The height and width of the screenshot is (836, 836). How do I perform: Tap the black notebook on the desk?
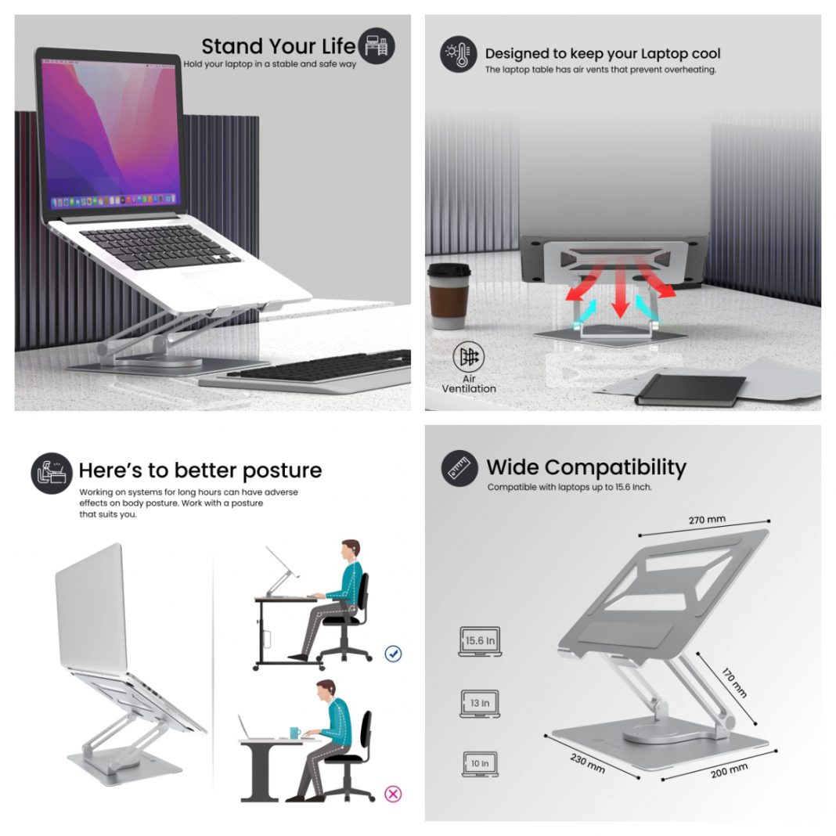[x=690, y=389]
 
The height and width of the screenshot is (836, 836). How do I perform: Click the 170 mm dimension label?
[x=733, y=682]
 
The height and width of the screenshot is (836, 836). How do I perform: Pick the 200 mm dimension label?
[x=729, y=770]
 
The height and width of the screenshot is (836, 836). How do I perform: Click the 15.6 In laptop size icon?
[x=478, y=641]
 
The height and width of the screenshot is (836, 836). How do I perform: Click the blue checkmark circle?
[x=393, y=653]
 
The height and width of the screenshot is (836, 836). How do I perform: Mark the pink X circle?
[x=393, y=794]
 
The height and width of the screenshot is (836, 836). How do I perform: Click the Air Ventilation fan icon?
[x=469, y=358]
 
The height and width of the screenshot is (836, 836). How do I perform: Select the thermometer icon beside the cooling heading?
[x=458, y=54]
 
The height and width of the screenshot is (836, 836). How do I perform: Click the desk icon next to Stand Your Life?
[x=377, y=45]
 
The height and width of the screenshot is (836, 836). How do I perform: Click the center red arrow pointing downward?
[x=620, y=294]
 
